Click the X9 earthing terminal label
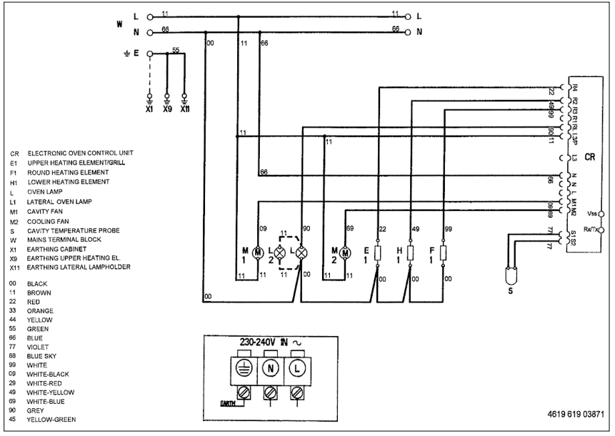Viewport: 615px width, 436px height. (x=166, y=110)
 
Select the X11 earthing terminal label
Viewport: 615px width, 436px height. (x=184, y=110)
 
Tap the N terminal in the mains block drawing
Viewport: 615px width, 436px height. (x=271, y=371)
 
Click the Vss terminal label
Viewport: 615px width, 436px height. (x=591, y=214)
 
